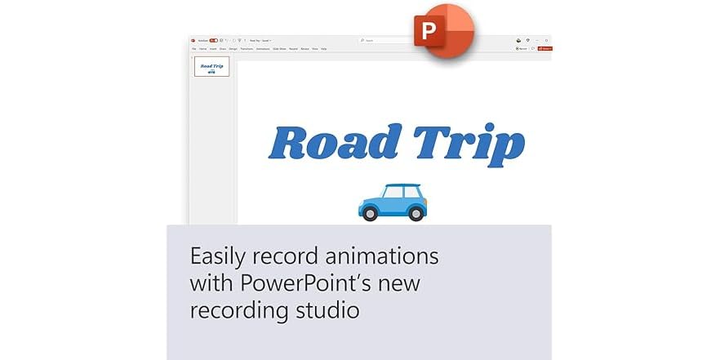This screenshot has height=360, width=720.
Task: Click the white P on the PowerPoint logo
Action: point(428,33)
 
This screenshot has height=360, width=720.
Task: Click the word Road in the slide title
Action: point(335,144)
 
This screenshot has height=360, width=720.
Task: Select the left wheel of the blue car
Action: point(370,213)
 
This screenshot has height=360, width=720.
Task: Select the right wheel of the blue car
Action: point(416,213)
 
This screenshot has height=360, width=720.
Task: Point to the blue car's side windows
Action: point(395,193)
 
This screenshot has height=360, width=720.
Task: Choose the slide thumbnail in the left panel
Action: point(211,67)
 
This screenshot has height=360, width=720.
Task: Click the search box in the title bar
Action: point(384,40)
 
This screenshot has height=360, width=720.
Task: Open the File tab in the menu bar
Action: point(193,49)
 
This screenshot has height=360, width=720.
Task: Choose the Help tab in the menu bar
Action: point(323,49)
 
